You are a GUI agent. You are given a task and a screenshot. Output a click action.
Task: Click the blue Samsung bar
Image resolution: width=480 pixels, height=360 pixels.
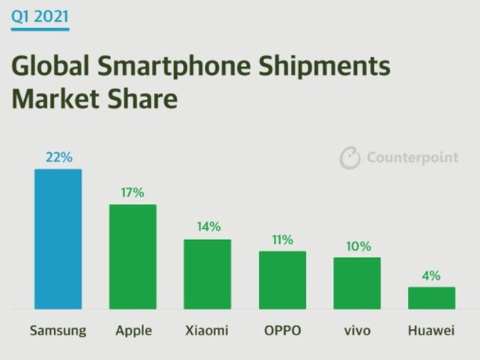pyautogui.click(x=58, y=238)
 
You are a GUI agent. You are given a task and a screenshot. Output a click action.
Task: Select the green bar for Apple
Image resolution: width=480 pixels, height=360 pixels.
pyautogui.click(x=133, y=256)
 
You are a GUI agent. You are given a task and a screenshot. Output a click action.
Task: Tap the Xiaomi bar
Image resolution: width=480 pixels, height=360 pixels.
pyautogui.click(x=208, y=274)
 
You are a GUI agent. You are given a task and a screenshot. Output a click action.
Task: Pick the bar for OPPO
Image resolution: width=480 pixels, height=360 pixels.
pyautogui.click(x=282, y=280)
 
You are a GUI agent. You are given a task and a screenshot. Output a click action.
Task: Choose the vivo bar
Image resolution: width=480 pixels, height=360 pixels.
pyautogui.click(x=357, y=283)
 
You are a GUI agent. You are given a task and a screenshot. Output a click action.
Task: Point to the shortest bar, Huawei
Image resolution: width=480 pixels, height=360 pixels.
pyautogui.click(x=431, y=298)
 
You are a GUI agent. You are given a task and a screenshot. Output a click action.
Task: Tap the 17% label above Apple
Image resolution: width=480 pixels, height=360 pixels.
pyautogui.click(x=133, y=193)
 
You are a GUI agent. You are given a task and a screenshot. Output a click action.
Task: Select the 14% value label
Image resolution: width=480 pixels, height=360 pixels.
pyautogui.click(x=208, y=226)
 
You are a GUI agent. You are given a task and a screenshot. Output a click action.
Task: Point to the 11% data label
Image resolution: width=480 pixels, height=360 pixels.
pyautogui.click(x=282, y=240)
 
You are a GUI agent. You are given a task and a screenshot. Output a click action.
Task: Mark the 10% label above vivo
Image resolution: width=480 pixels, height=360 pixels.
pyautogui.click(x=357, y=246)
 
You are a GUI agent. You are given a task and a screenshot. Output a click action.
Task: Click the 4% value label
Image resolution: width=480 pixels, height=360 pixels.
pyautogui.click(x=431, y=275)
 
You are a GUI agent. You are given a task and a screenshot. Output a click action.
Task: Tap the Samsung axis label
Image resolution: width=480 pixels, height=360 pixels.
pyautogui.click(x=58, y=331)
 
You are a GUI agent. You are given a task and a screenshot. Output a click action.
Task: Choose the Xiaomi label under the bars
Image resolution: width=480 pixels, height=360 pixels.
pyautogui.click(x=208, y=331)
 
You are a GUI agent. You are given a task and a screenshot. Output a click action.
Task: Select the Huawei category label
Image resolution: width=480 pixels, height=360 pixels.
pyautogui.click(x=431, y=331)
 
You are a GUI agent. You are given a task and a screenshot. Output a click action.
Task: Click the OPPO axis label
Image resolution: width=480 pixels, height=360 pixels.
pyautogui.click(x=282, y=331)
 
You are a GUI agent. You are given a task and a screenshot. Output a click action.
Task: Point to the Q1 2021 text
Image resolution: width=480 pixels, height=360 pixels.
pyautogui.click(x=40, y=15)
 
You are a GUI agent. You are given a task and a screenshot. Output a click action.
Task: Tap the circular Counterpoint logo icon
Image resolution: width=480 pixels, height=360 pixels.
pyautogui.click(x=350, y=157)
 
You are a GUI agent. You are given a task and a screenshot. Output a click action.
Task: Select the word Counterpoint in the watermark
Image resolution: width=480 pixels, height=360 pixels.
pyautogui.click(x=412, y=158)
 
